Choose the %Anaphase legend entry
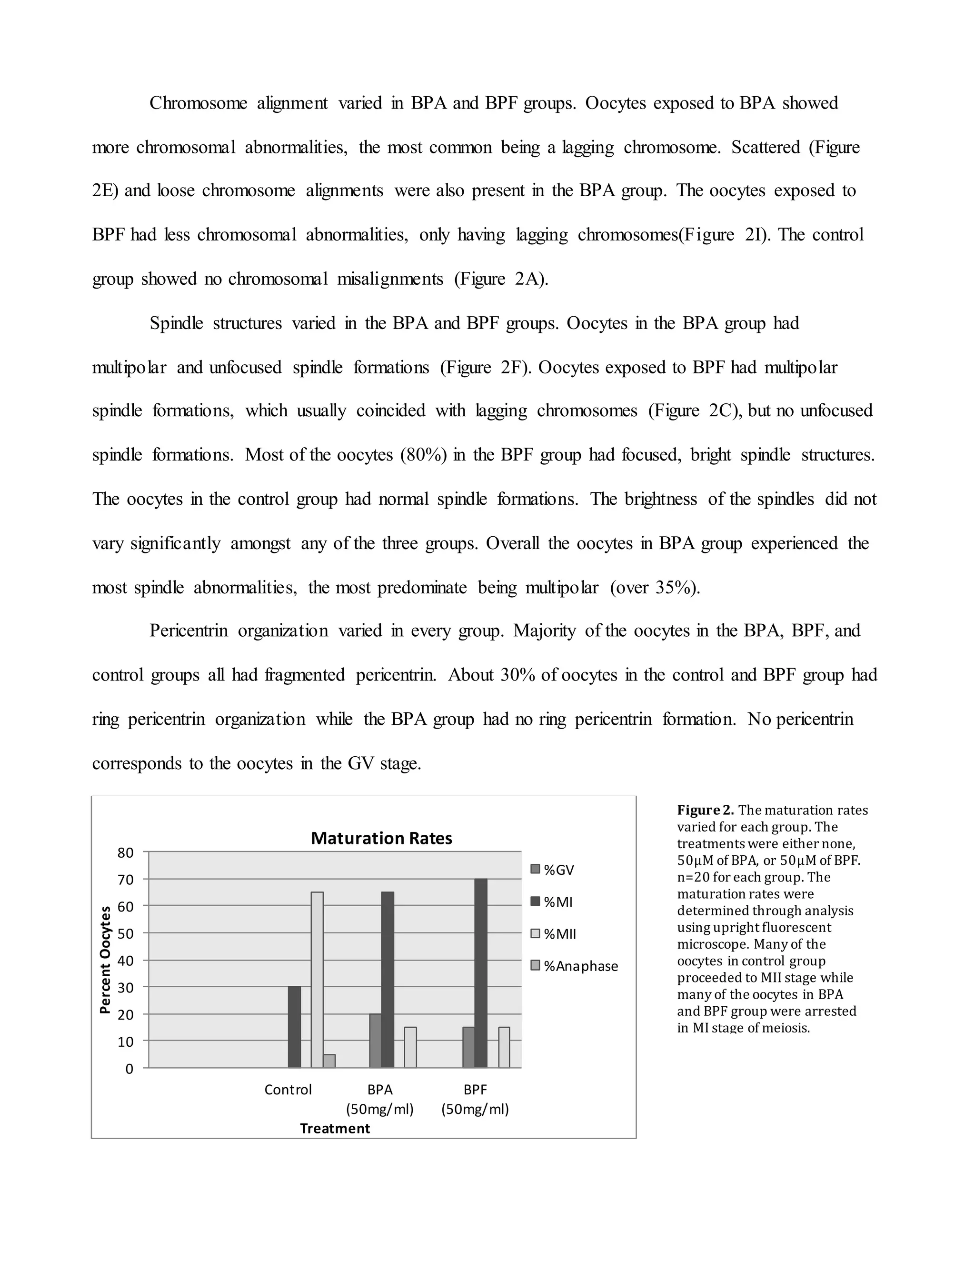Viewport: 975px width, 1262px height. point(574,966)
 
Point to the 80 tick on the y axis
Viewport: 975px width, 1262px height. point(126,853)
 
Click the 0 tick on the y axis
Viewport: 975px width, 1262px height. point(129,1069)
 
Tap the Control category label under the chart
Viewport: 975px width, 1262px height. point(288,1090)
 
